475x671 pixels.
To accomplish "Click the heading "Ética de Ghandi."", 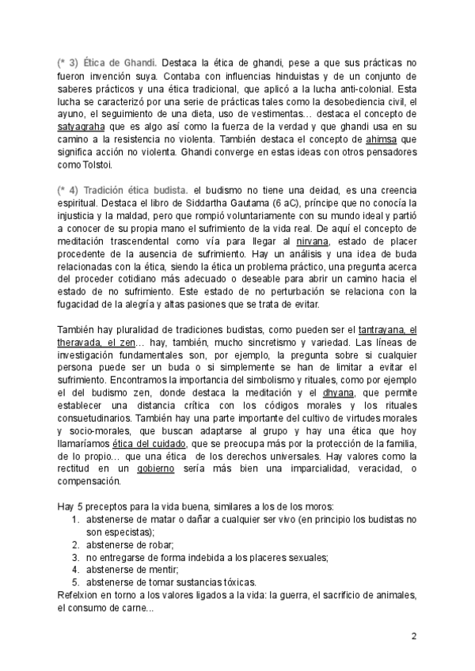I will (x=119, y=62).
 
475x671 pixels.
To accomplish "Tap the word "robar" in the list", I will (x=158, y=545).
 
